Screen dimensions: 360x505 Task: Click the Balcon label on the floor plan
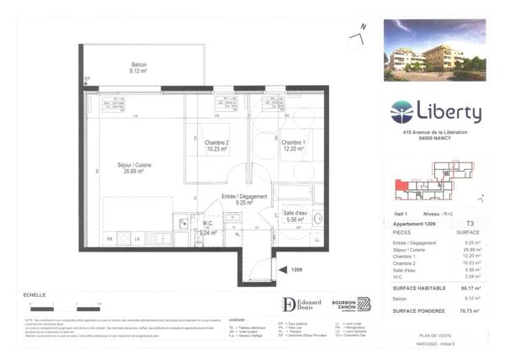pos(139,68)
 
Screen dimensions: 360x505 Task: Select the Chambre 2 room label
pos(216,145)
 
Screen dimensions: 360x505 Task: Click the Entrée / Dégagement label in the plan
pos(244,199)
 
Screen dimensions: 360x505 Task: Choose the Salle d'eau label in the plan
pos(297,214)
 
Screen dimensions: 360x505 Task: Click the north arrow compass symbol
pos(358,34)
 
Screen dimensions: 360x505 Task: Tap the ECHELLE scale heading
pos(34,295)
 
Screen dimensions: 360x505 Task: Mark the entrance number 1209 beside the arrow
pos(296,270)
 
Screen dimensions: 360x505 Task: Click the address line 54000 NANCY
pos(435,140)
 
